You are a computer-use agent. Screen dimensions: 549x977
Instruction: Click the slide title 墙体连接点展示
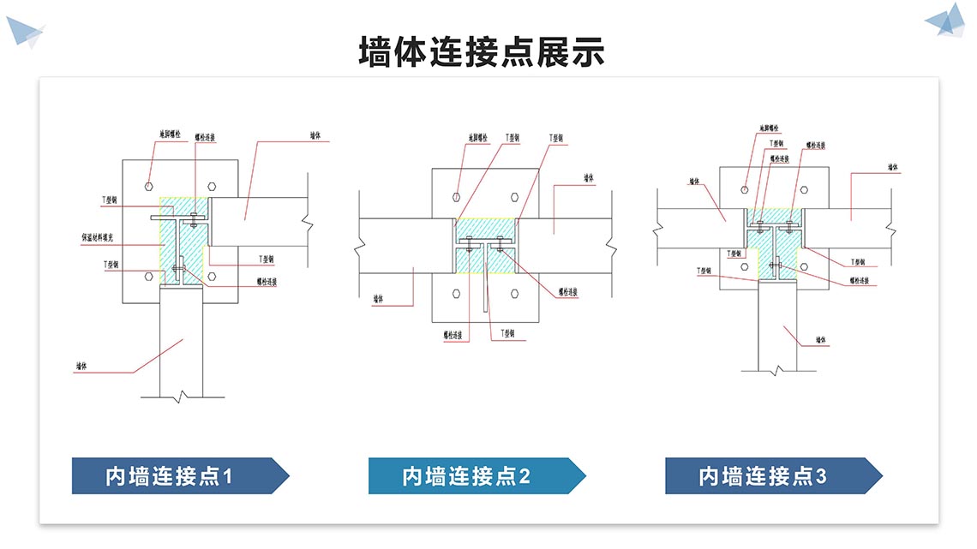click(x=482, y=51)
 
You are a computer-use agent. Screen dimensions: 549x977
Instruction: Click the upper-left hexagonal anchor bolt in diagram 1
click(x=149, y=185)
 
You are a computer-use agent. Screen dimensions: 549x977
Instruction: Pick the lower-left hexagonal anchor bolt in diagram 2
click(x=456, y=293)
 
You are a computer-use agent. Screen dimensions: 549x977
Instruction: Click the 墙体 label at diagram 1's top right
click(x=315, y=135)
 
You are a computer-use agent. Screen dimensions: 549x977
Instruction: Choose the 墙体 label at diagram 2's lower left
click(x=377, y=300)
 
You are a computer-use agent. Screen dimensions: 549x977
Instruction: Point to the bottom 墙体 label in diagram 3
click(x=820, y=340)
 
